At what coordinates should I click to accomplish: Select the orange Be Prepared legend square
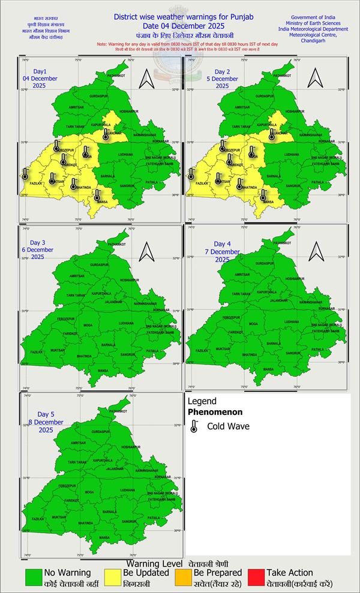tap(182, 577)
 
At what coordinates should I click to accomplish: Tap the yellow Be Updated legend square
tap(112, 577)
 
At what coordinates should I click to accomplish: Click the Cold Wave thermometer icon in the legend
tap(194, 427)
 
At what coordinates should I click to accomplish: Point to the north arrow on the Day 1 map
tap(146, 78)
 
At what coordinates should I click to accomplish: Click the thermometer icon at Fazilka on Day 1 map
tap(25, 174)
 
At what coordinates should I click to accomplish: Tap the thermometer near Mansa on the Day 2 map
tap(263, 195)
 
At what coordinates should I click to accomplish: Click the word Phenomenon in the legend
tap(215, 413)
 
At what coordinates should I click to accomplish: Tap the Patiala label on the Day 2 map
tap(318, 182)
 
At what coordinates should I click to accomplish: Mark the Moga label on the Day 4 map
tap(253, 323)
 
